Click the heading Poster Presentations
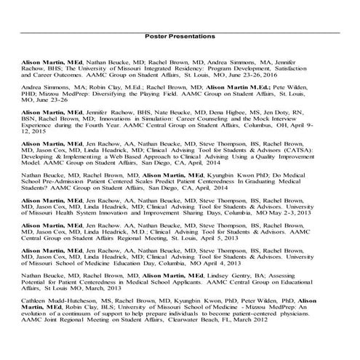[x=180, y=36]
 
